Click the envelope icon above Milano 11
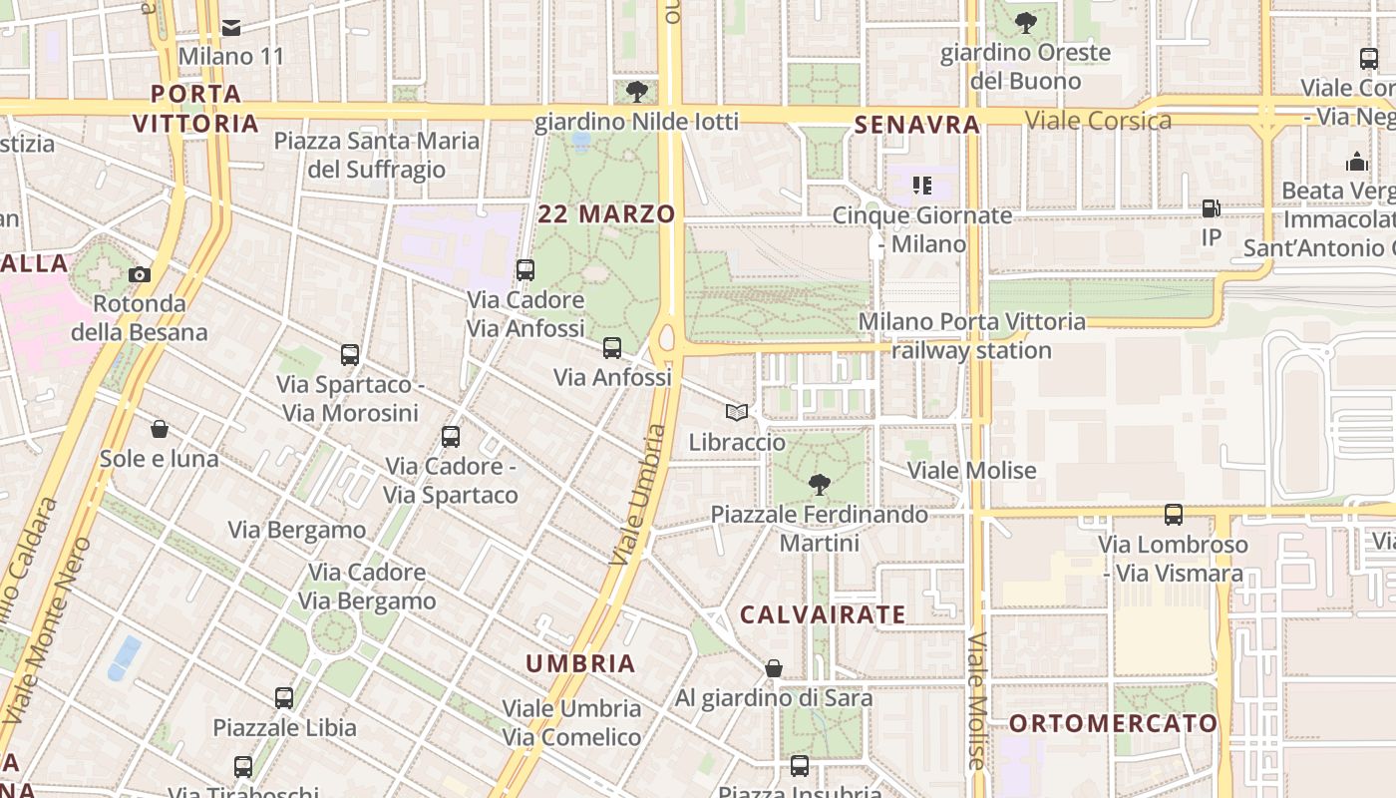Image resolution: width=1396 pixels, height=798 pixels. [x=231, y=27]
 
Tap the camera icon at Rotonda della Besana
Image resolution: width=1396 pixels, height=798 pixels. [x=140, y=274]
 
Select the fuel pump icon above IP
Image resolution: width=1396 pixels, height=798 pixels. [x=1212, y=208]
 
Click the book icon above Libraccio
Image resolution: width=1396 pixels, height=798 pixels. [x=737, y=412]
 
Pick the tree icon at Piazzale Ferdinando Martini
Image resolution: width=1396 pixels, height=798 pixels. [x=820, y=485]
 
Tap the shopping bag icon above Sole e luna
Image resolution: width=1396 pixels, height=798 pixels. [x=159, y=429]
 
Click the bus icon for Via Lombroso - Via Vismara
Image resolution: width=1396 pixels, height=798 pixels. [x=1174, y=515]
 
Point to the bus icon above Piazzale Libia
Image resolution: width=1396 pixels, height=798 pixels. [x=284, y=698]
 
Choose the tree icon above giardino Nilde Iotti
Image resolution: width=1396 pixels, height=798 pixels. [x=636, y=92]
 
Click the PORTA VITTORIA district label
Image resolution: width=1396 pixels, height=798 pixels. [x=196, y=109]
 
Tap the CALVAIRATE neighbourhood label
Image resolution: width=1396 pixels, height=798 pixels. [x=823, y=614]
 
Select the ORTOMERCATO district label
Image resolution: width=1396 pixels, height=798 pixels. [x=1113, y=723]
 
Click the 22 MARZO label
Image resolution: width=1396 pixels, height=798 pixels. [x=606, y=213]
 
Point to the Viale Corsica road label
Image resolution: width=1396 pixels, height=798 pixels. [x=1098, y=121]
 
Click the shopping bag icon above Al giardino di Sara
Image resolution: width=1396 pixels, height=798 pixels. [x=774, y=668]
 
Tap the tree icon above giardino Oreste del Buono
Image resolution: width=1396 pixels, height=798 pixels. [x=1025, y=22]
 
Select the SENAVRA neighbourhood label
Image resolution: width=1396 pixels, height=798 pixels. [x=917, y=125]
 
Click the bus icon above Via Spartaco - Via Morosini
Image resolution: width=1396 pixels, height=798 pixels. [x=350, y=354]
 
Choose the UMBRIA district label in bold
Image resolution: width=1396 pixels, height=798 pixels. [x=580, y=663]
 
